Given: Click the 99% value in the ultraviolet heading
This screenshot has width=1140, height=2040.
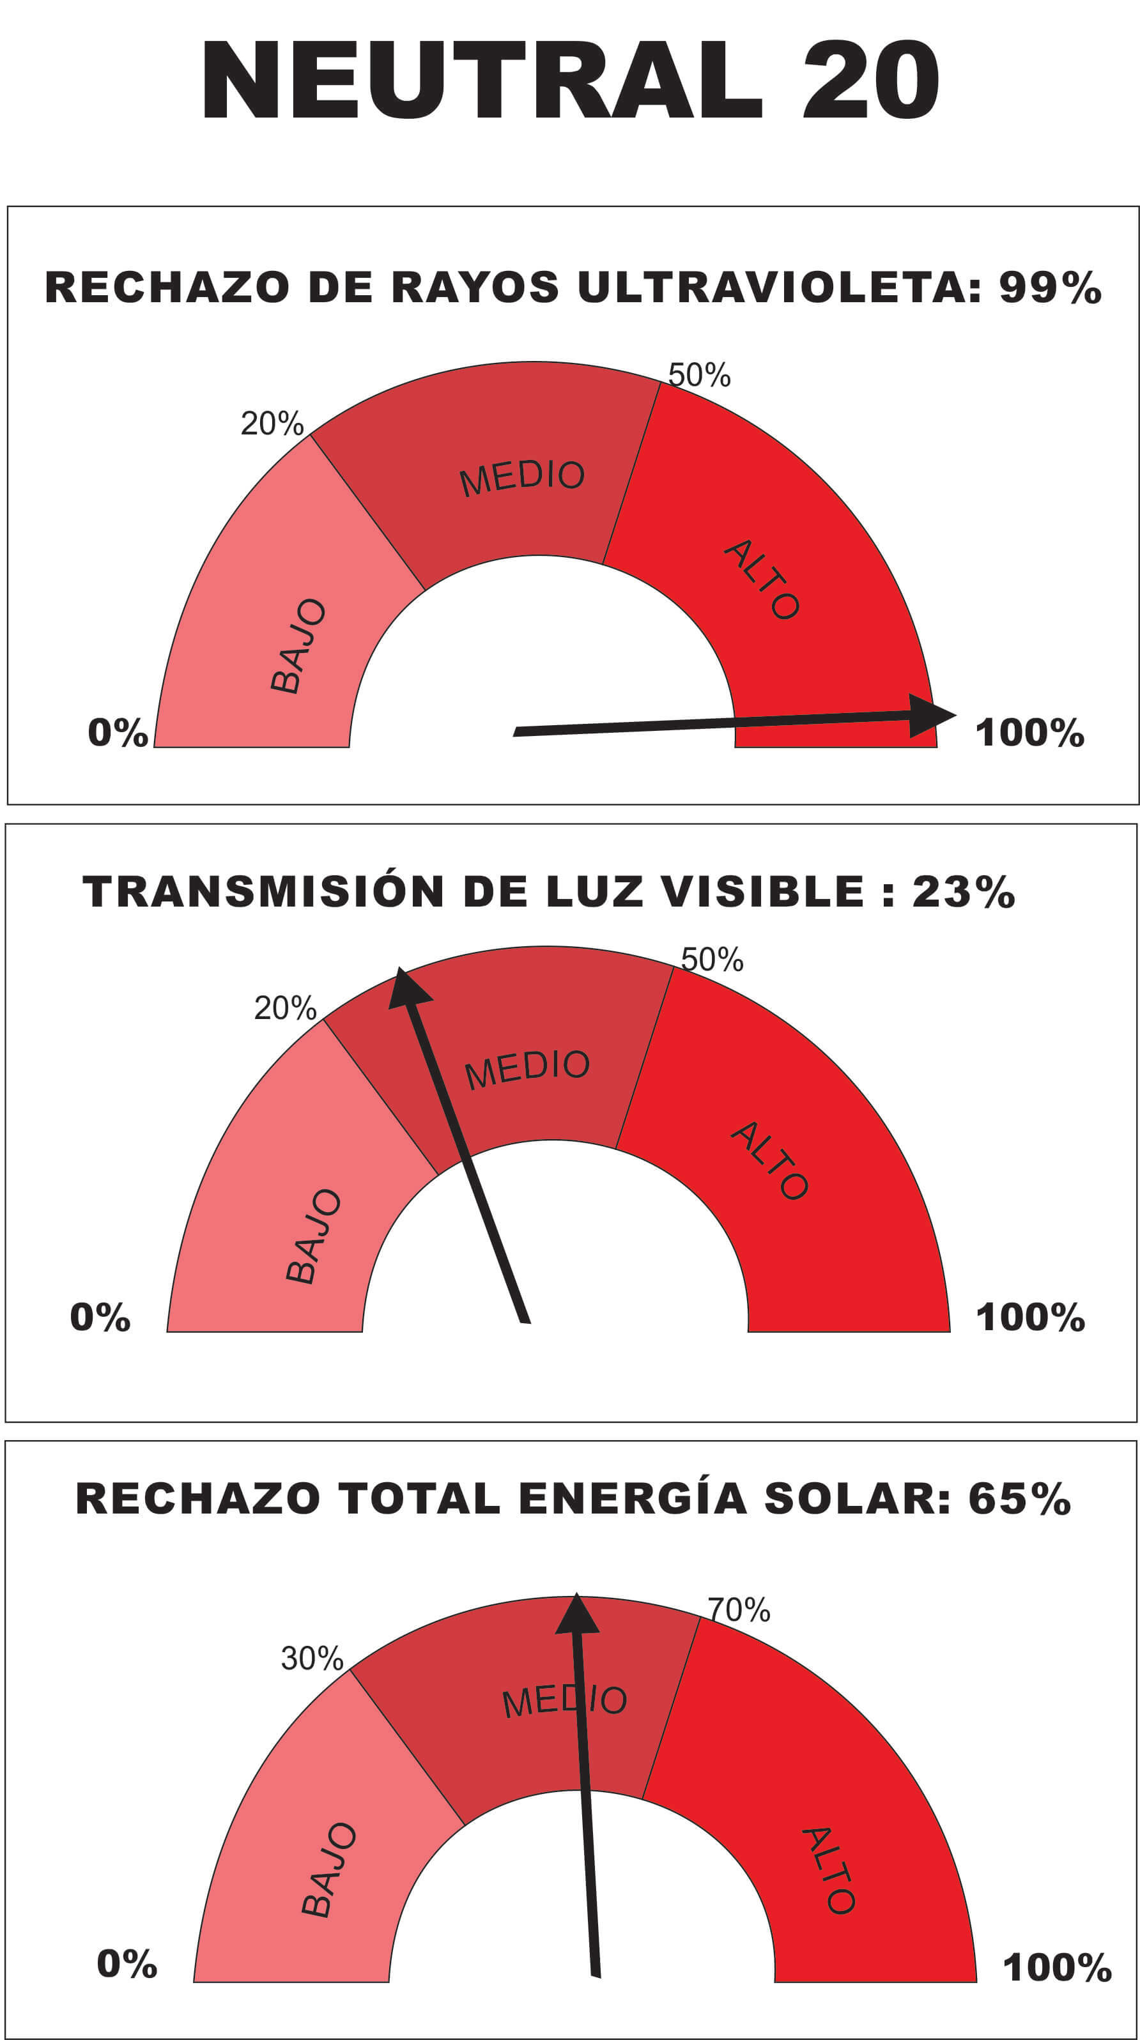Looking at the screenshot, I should (x=1050, y=288).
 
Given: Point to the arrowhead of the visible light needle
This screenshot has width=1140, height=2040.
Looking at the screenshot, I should (x=407, y=989).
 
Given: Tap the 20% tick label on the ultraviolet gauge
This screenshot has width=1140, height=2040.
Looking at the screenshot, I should (x=272, y=424).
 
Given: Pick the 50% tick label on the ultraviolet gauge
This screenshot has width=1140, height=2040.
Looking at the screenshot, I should (x=698, y=374).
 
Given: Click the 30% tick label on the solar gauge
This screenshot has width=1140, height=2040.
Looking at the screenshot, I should (x=311, y=1659).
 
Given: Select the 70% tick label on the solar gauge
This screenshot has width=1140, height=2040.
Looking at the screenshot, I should (x=738, y=1610).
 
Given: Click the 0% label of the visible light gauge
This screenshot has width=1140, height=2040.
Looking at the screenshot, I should (x=100, y=1317).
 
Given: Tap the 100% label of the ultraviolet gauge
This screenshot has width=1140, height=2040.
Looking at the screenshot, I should (x=1029, y=733).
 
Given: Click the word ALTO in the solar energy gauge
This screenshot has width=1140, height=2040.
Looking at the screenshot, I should (x=829, y=1872).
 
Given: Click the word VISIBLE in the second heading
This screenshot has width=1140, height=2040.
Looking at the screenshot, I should (x=762, y=892).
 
